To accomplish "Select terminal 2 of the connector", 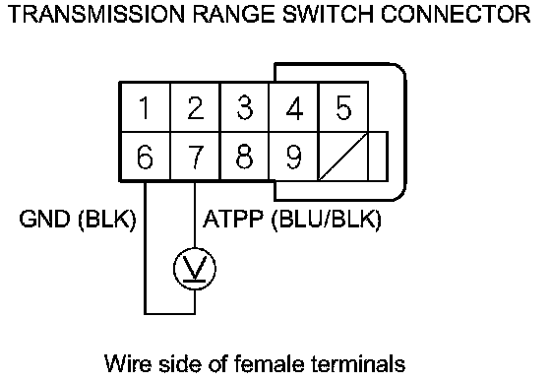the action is (195, 107).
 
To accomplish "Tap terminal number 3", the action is (245, 107).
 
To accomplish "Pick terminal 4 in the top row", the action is (294, 107).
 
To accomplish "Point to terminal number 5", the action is (343, 107).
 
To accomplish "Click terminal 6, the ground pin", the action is (146, 157).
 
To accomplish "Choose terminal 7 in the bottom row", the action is (195, 157).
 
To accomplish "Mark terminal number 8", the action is (245, 157).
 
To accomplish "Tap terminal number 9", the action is (294, 157).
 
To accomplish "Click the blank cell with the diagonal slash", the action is (343, 157).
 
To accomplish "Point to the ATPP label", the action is (233, 219).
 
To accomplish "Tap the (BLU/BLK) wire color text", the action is (326, 221).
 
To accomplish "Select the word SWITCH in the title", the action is (329, 14).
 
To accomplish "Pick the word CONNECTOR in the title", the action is (456, 14).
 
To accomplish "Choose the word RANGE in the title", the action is (234, 14).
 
